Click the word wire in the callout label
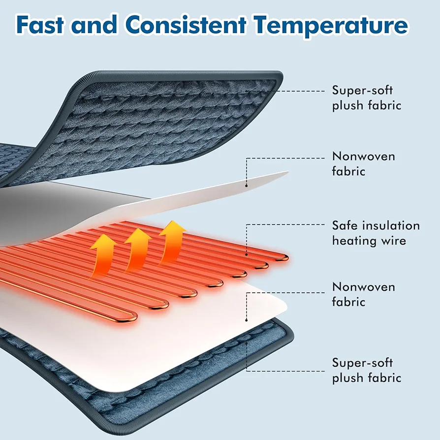pyautogui.click(x=392, y=241)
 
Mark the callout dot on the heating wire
pyautogui.click(x=247, y=255)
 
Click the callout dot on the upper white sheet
pyautogui.click(x=247, y=186)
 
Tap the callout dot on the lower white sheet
pyautogui.click(x=247, y=320)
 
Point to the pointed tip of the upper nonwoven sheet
pyautogui.click(x=288, y=172)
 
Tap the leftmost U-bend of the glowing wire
pyautogui.click(x=131, y=316)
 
